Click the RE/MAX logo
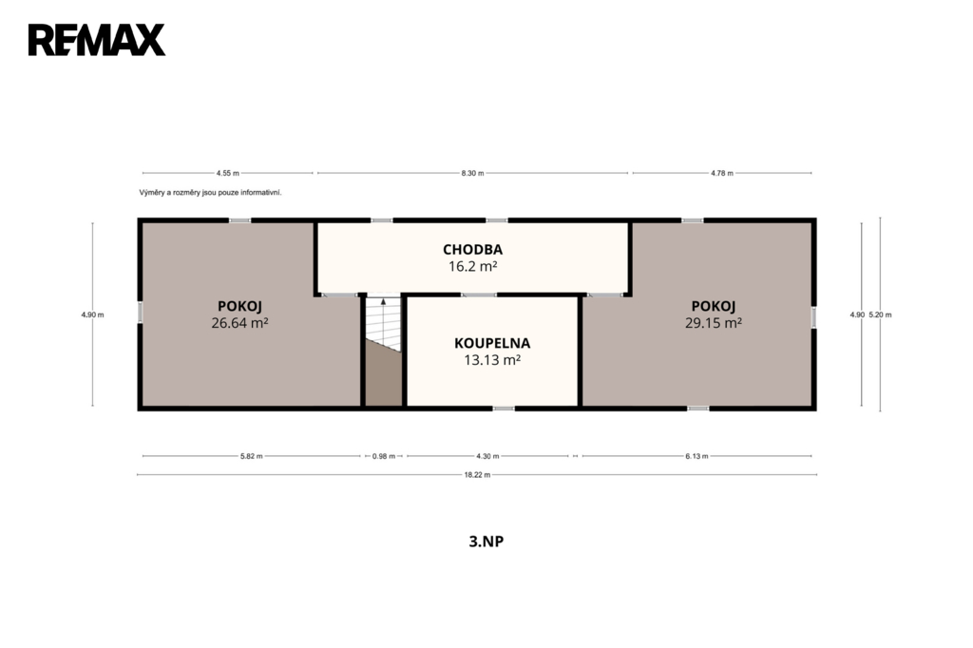(97, 40)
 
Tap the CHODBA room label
(473, 250)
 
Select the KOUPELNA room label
(492, 343)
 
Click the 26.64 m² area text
(239, 323)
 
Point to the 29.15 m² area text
(714, 323)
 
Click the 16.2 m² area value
(473, 266)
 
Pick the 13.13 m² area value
(492, 360)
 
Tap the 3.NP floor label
(486, 542)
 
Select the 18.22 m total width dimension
(477, 475)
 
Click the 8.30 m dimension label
(472, 173)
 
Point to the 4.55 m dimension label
(228, 173)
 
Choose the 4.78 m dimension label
(722, 173)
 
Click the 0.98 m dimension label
(384, 456)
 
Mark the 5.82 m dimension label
(251, 456)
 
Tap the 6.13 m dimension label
(696, 456)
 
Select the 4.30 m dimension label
(487, 456)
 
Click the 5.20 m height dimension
(880, 314)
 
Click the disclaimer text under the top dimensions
(210, 193)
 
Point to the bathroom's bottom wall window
(504, 409)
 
